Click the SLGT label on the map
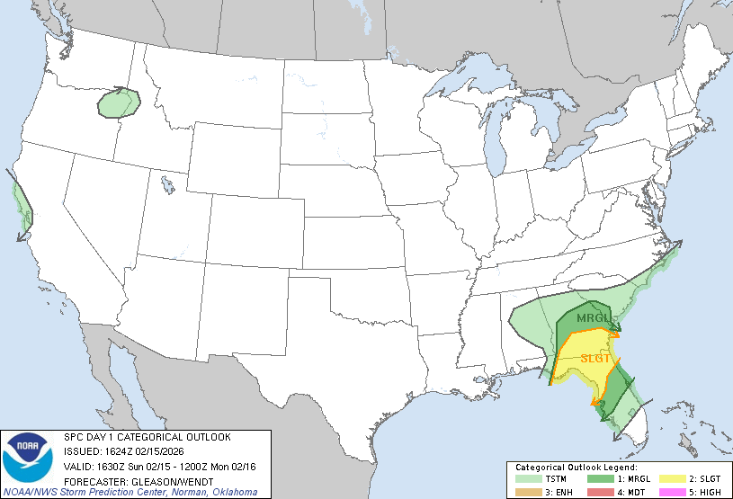point(595,358)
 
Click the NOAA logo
point(28,458)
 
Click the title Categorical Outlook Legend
point(576,468)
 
